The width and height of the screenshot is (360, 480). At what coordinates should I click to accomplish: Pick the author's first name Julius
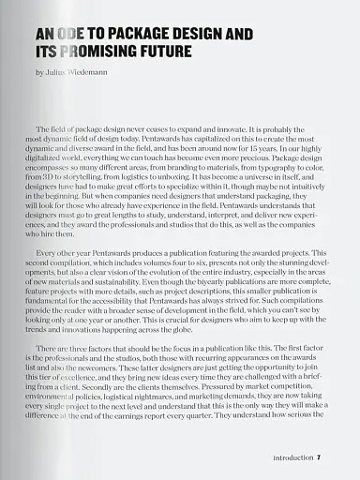click(x=57, y=72)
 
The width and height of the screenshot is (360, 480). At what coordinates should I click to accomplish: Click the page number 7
click(x=320, y=458)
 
